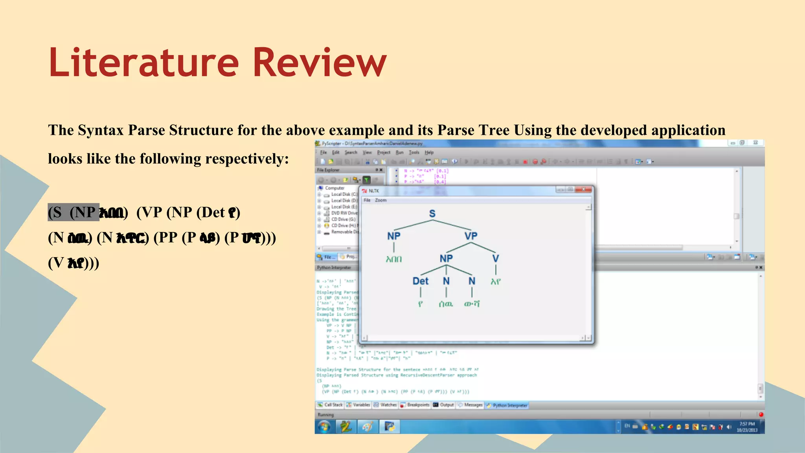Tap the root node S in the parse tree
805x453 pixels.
pos(432,214)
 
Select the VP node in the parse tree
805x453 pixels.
pos(471,236)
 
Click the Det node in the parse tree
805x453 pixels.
pos(420,281)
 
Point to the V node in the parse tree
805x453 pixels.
pos(496,258)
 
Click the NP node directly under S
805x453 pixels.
pos(393,236)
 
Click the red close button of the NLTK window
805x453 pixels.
pos(584,190)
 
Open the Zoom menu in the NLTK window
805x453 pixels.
pos(380,200)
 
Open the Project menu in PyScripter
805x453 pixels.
pos(383,153)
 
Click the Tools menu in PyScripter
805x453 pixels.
pos(414,153)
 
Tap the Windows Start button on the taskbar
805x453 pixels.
pos(324,427)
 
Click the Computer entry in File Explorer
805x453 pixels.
pos(334,188)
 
